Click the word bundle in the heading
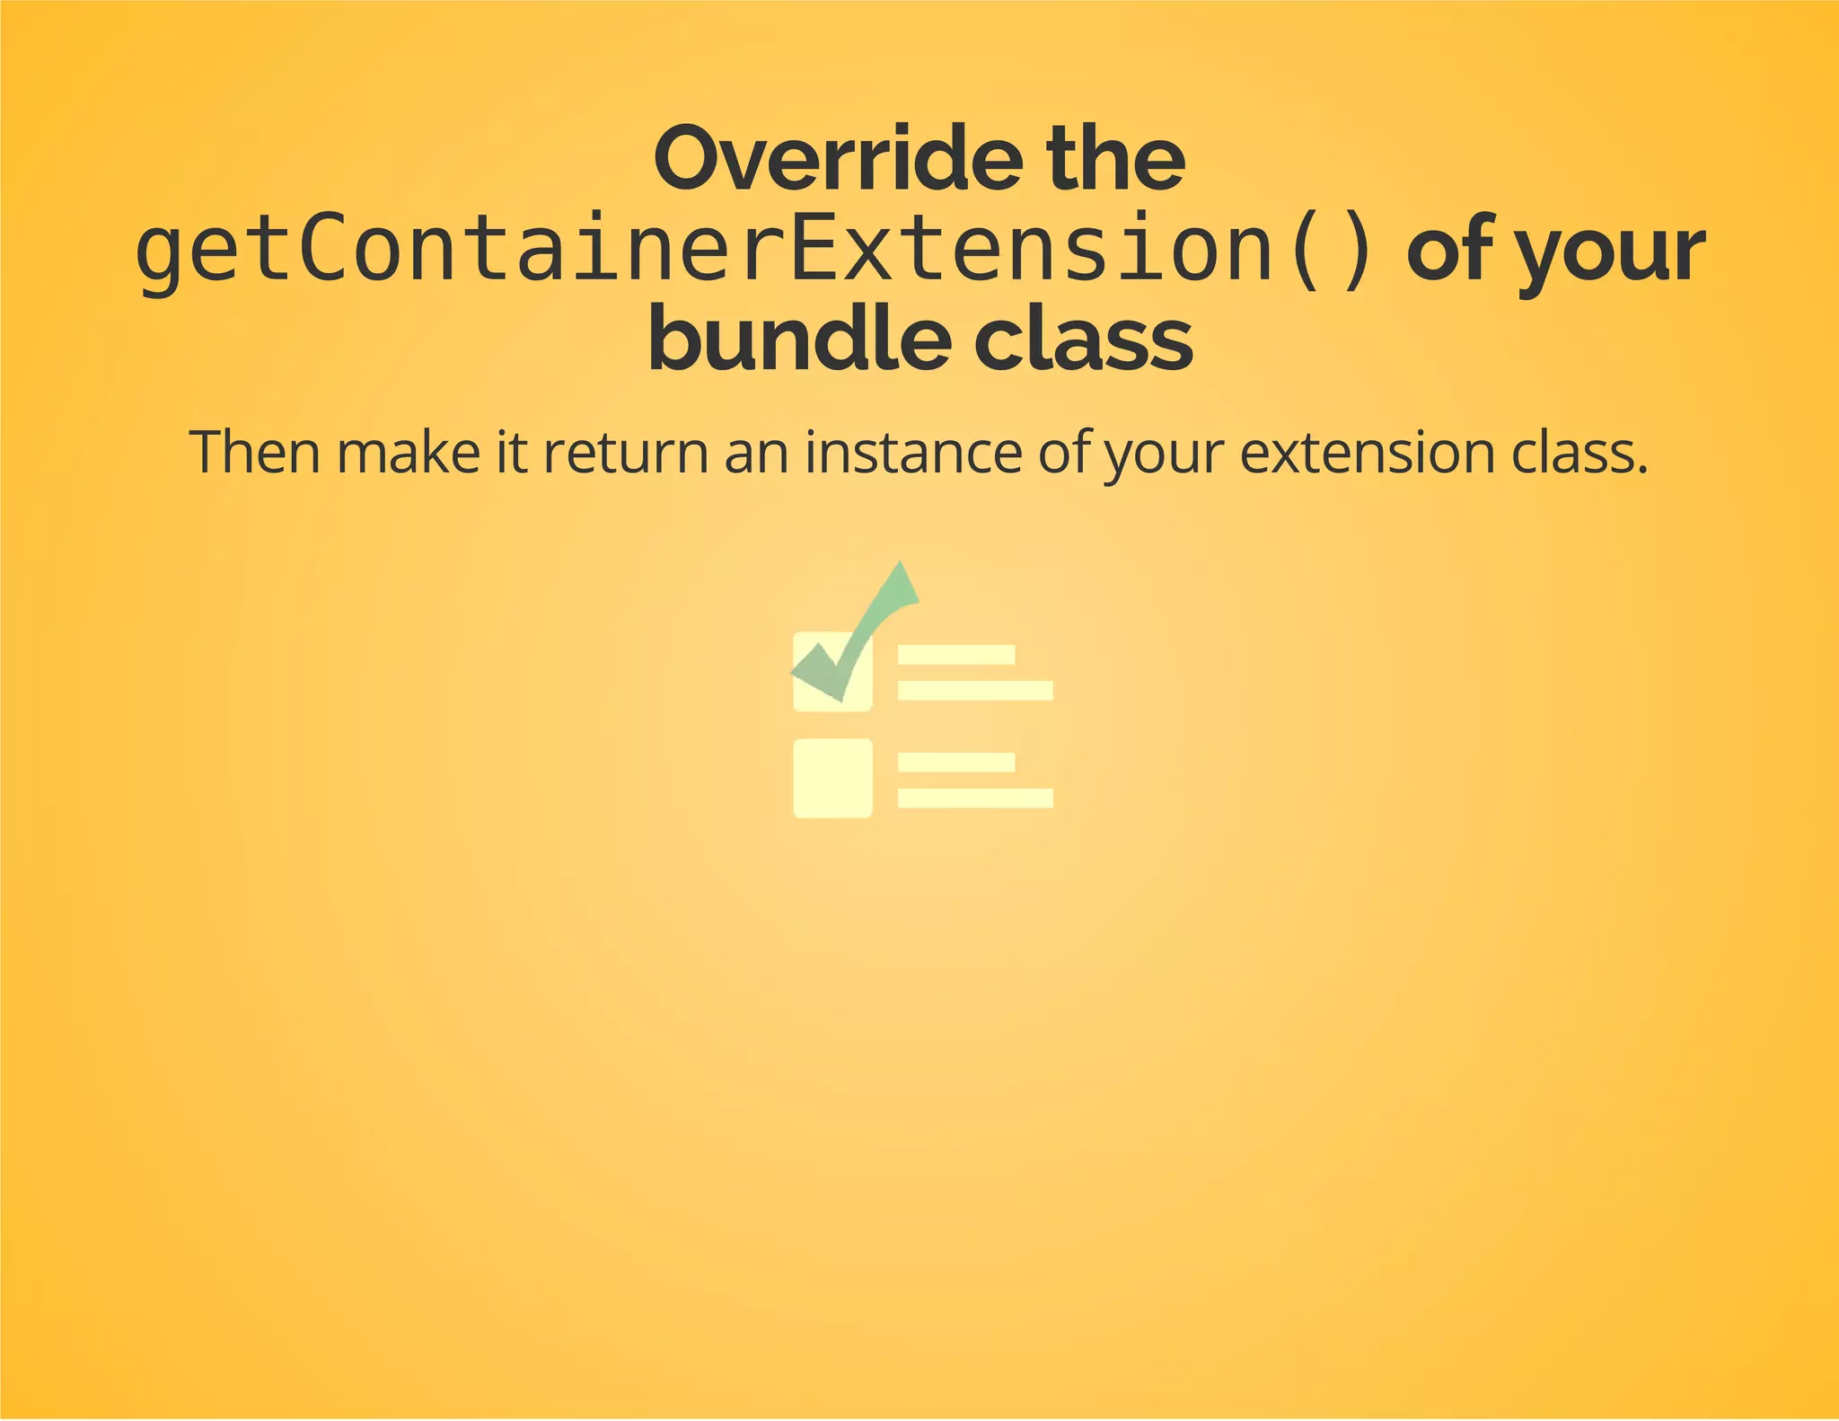click(799, 341)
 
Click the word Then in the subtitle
click(255, 452)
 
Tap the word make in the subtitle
click(409, 452)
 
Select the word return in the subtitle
click(626, 452)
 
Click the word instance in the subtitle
click(912, 452)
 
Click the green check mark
click(862, 629)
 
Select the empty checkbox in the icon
click(832, 778)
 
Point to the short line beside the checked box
click(956, 655)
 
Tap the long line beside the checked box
click(975, 691)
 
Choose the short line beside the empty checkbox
click(956, 763)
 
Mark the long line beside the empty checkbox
click(975, 798)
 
